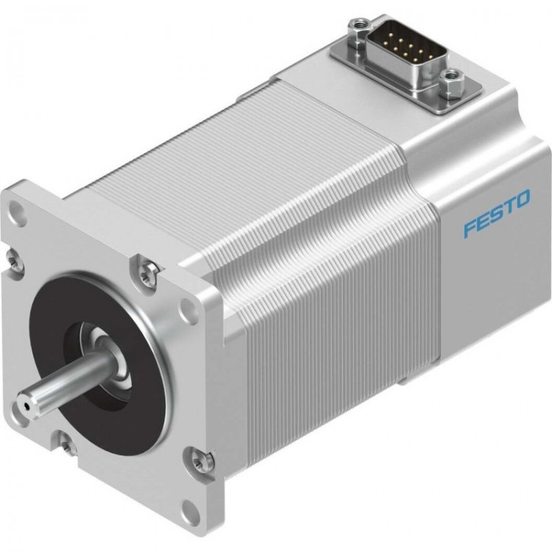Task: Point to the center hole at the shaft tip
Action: pos(27,404)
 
